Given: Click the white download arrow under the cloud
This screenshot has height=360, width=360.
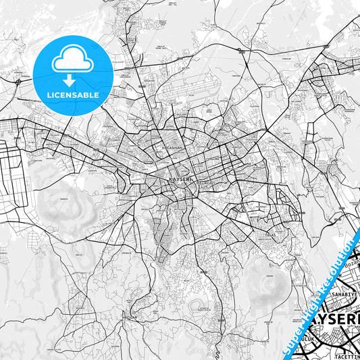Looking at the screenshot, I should pyautogui.click(x=72, y=80).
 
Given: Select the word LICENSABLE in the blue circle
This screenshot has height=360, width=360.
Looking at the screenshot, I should pyautogui.click(x=72, y=95).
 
